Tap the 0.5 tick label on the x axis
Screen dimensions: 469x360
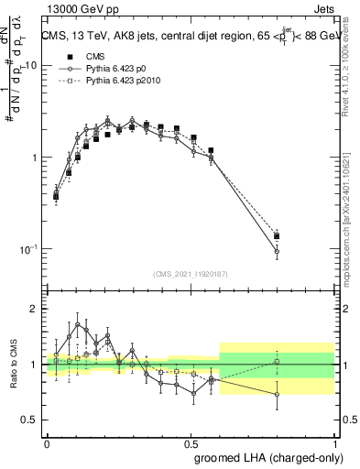point(191,442)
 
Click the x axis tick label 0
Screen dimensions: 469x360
point(47,442)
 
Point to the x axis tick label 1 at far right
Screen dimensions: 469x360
point(334,442)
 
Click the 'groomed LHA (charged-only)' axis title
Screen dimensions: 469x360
point(266,456)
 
